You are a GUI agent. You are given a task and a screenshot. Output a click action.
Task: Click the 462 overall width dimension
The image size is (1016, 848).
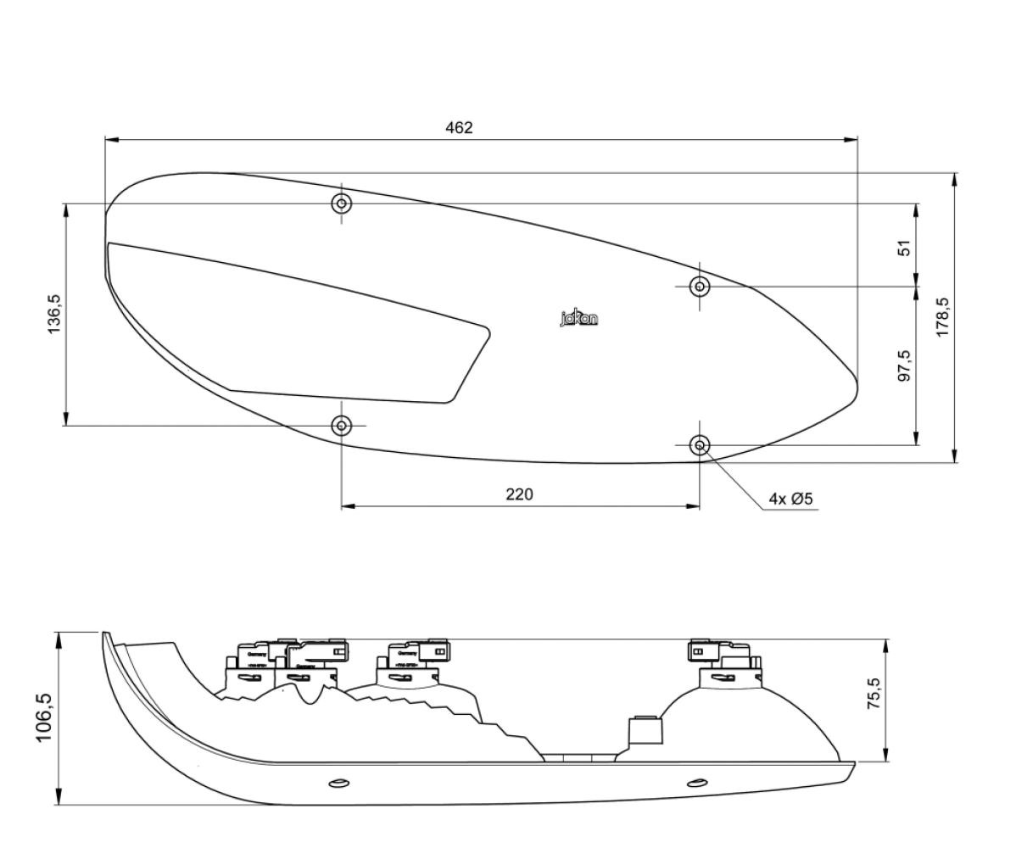coord(459,128)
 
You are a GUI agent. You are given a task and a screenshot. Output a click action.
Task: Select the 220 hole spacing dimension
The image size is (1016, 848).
coord(520,494)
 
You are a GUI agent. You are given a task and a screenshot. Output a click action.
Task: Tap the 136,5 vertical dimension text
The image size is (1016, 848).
coord(55,315)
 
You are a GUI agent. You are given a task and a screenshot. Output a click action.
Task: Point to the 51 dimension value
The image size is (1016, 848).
coord(905,248)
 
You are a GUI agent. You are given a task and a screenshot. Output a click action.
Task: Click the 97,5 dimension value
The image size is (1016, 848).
coord(905,365)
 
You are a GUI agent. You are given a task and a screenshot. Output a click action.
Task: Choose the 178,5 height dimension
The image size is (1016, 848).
coord(942,317)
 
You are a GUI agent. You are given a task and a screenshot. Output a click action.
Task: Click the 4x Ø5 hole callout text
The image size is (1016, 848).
coord(790,499)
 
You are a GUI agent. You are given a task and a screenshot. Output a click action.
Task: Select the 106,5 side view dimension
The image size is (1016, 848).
coord(44,718)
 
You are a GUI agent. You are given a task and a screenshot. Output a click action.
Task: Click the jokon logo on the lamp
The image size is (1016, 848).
coord(578,319)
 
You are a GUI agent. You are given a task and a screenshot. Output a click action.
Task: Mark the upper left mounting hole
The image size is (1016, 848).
coord(342,204)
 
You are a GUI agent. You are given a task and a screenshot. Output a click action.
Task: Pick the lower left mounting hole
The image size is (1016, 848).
coord(342,425)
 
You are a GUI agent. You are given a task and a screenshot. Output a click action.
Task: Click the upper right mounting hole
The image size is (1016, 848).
coord(700,287)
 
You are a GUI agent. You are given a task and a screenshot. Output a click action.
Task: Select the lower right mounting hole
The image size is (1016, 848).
coord(700,444)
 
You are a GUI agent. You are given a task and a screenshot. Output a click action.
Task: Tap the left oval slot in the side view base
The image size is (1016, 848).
coord(338,782)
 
